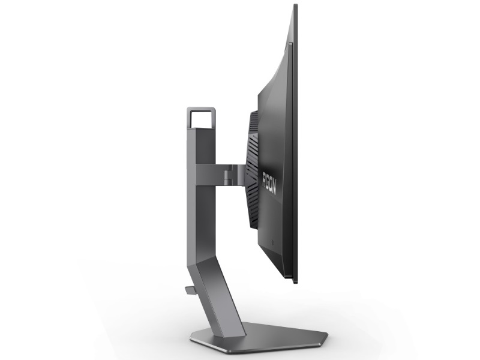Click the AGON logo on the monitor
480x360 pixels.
pyautogui.click(x=269, y=184)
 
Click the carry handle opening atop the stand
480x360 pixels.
pyautogui.click(x=202, y=119)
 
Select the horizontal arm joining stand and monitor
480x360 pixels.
pyautogui.click(x=220, y=175)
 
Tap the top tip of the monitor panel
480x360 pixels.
pyautogui.click(x=295, y=5)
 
